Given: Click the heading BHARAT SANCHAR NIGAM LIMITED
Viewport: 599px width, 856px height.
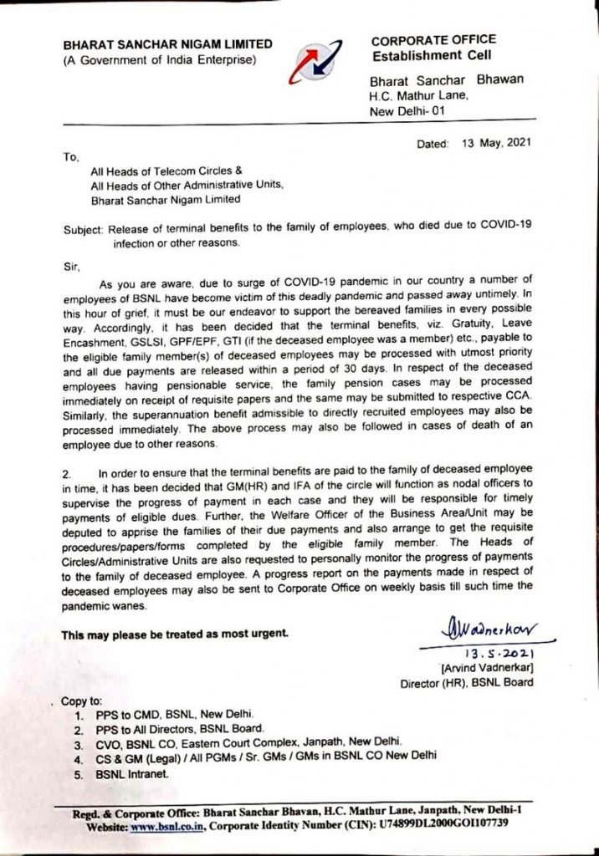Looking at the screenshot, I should (x=167, y=43).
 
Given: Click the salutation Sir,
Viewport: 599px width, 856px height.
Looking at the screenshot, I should (x=74, y=266).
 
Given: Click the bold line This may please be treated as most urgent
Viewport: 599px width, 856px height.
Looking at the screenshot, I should (x=175, y=634).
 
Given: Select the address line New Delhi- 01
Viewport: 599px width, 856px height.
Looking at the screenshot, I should (x=410, y=110).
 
